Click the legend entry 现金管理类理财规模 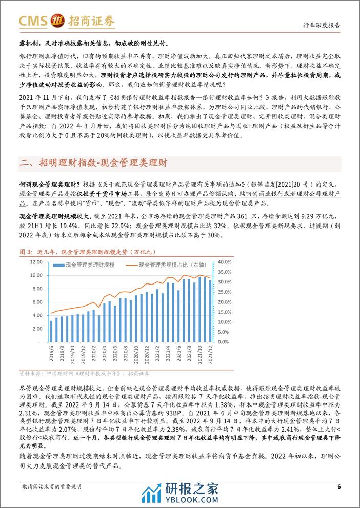[x=90, y=265]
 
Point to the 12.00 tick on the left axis [x=36, y=262]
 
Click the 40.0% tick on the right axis [x=218, y=262]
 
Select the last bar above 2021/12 [x=209, y=310]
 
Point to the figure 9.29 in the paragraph [x=275, y=216]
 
